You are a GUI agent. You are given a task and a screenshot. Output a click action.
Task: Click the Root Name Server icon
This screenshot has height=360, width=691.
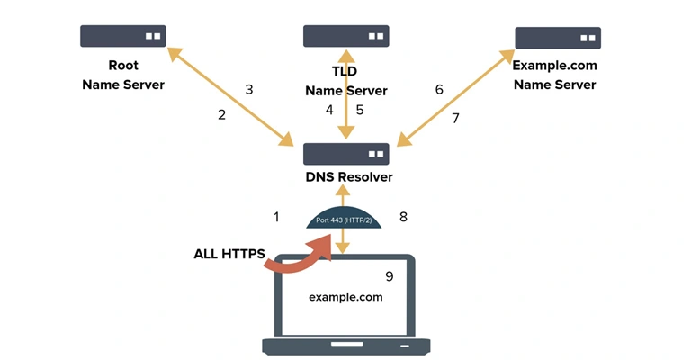[x=122, y=36]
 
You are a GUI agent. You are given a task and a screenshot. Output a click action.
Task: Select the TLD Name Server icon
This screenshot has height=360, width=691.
[x=345, y=36]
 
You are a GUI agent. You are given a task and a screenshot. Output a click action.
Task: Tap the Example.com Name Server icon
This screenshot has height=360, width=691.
[x=557, y=38]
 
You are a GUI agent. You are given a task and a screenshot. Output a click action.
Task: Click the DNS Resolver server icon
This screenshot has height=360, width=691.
[x=345, y=154]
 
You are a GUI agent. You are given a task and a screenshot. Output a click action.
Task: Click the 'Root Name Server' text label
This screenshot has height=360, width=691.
[x=123, y=76]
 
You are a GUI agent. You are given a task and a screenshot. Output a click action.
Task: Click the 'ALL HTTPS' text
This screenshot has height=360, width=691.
[x=229, y=255]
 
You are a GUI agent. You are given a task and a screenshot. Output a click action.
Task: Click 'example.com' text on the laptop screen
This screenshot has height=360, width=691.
[x=345, y=296]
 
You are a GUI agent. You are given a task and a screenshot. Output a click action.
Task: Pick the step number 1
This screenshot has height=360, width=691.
[x=277, y=217]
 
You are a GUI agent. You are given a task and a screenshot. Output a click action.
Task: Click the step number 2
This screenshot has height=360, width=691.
[x=221, y=114]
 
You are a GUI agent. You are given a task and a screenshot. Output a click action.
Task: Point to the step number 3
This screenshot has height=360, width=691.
[x=249, y=89]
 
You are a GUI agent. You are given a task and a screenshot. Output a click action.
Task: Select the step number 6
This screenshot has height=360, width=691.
[x=439, y=89]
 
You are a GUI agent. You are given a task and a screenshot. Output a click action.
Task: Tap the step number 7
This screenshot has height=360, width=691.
[x=455, y=118]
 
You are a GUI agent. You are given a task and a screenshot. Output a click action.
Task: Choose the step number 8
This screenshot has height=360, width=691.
[x=403, y=217]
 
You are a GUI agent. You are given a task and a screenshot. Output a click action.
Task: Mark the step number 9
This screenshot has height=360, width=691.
[x=389, y=276]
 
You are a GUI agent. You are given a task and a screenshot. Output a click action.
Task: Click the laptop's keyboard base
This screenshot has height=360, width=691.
[x=345, y=346]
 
